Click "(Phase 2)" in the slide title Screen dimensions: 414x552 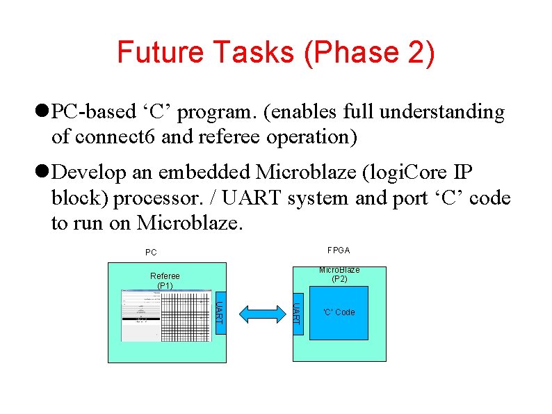coord(369,53)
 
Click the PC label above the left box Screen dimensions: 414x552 coord(151,253)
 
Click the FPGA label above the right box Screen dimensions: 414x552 coord(339,250)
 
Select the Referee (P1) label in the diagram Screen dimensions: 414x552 coord(165,280)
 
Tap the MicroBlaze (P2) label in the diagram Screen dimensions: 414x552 coord(339,274)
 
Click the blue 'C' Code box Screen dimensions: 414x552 coord(339,312)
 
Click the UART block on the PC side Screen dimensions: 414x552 coord(218,312)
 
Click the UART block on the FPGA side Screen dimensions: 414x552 coord(296,312)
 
